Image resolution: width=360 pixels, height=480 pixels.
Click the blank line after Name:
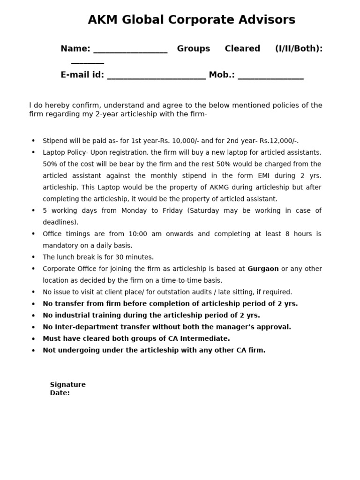click(130, 52)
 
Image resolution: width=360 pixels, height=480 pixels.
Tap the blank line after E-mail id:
click(156, 78)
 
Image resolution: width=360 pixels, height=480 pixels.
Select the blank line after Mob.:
click(270, 78)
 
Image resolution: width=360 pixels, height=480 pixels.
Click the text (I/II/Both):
click(299, 49)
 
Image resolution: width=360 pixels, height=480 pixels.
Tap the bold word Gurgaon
click(263, 269)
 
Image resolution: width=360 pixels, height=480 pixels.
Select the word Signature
click(68, 385)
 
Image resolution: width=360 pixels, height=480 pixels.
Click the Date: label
click(60, 393)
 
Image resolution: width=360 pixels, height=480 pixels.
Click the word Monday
click(134, 211)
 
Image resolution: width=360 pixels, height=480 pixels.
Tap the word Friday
click(172, 211)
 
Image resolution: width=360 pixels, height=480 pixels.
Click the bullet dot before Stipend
click(33, 141)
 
